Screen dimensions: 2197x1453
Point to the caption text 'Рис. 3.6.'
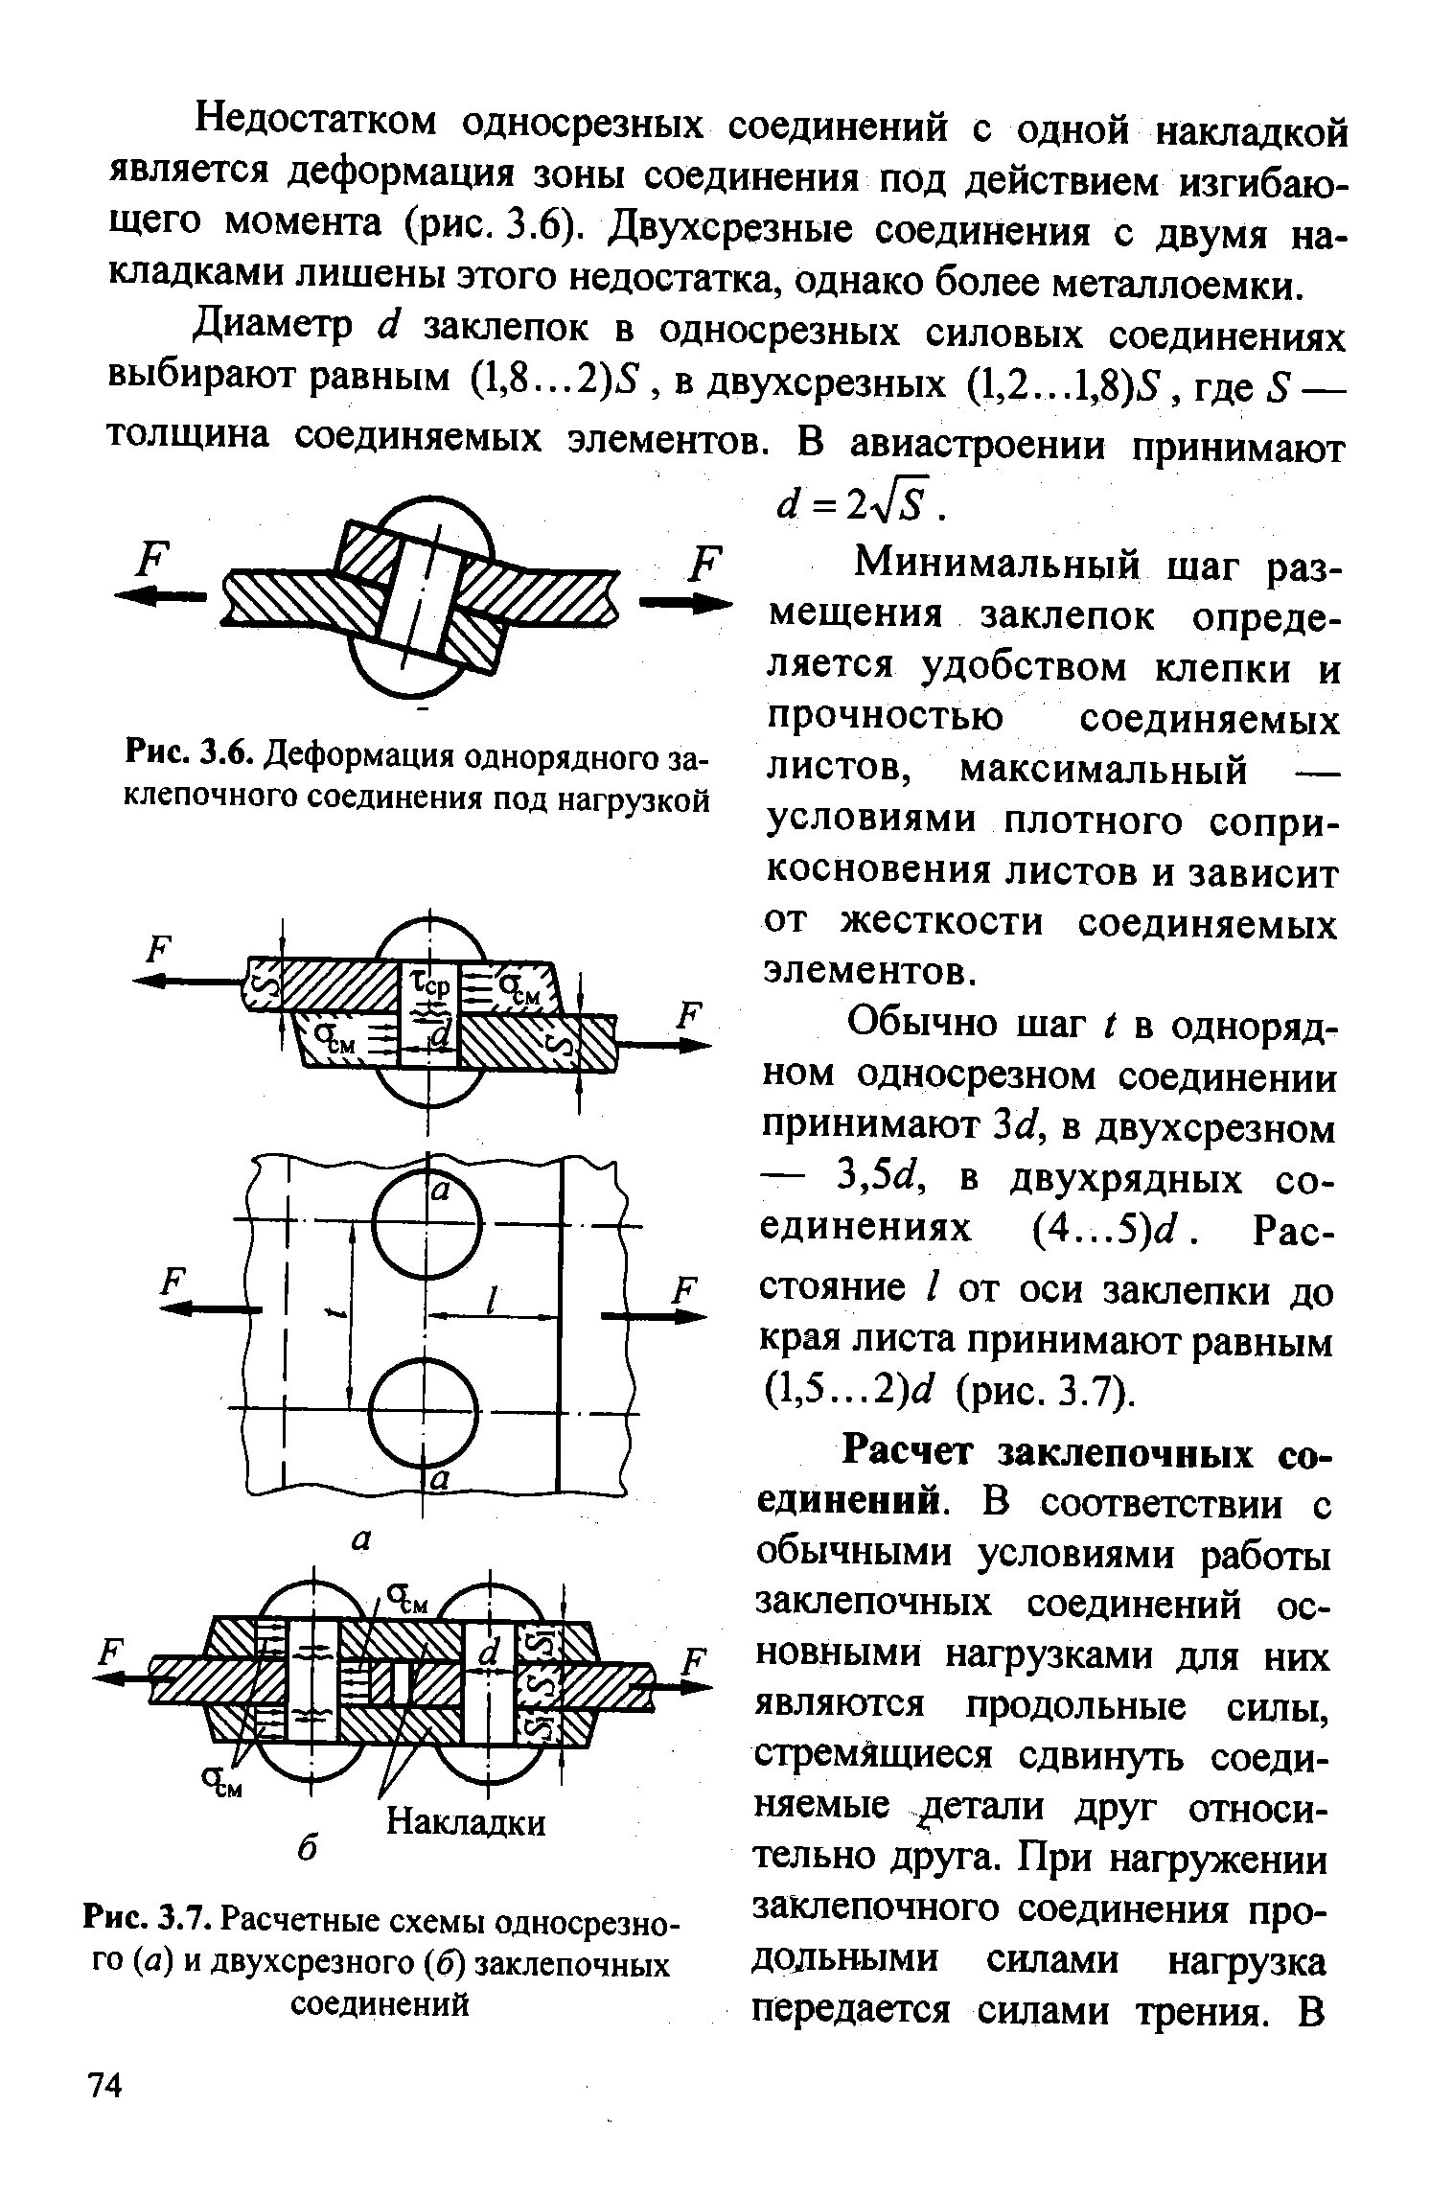tap(188, 756)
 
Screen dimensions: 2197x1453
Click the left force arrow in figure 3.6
tap(160, 596)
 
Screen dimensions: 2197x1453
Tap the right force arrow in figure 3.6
tap(682, 602)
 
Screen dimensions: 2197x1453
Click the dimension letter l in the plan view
tap(491, 1301)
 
